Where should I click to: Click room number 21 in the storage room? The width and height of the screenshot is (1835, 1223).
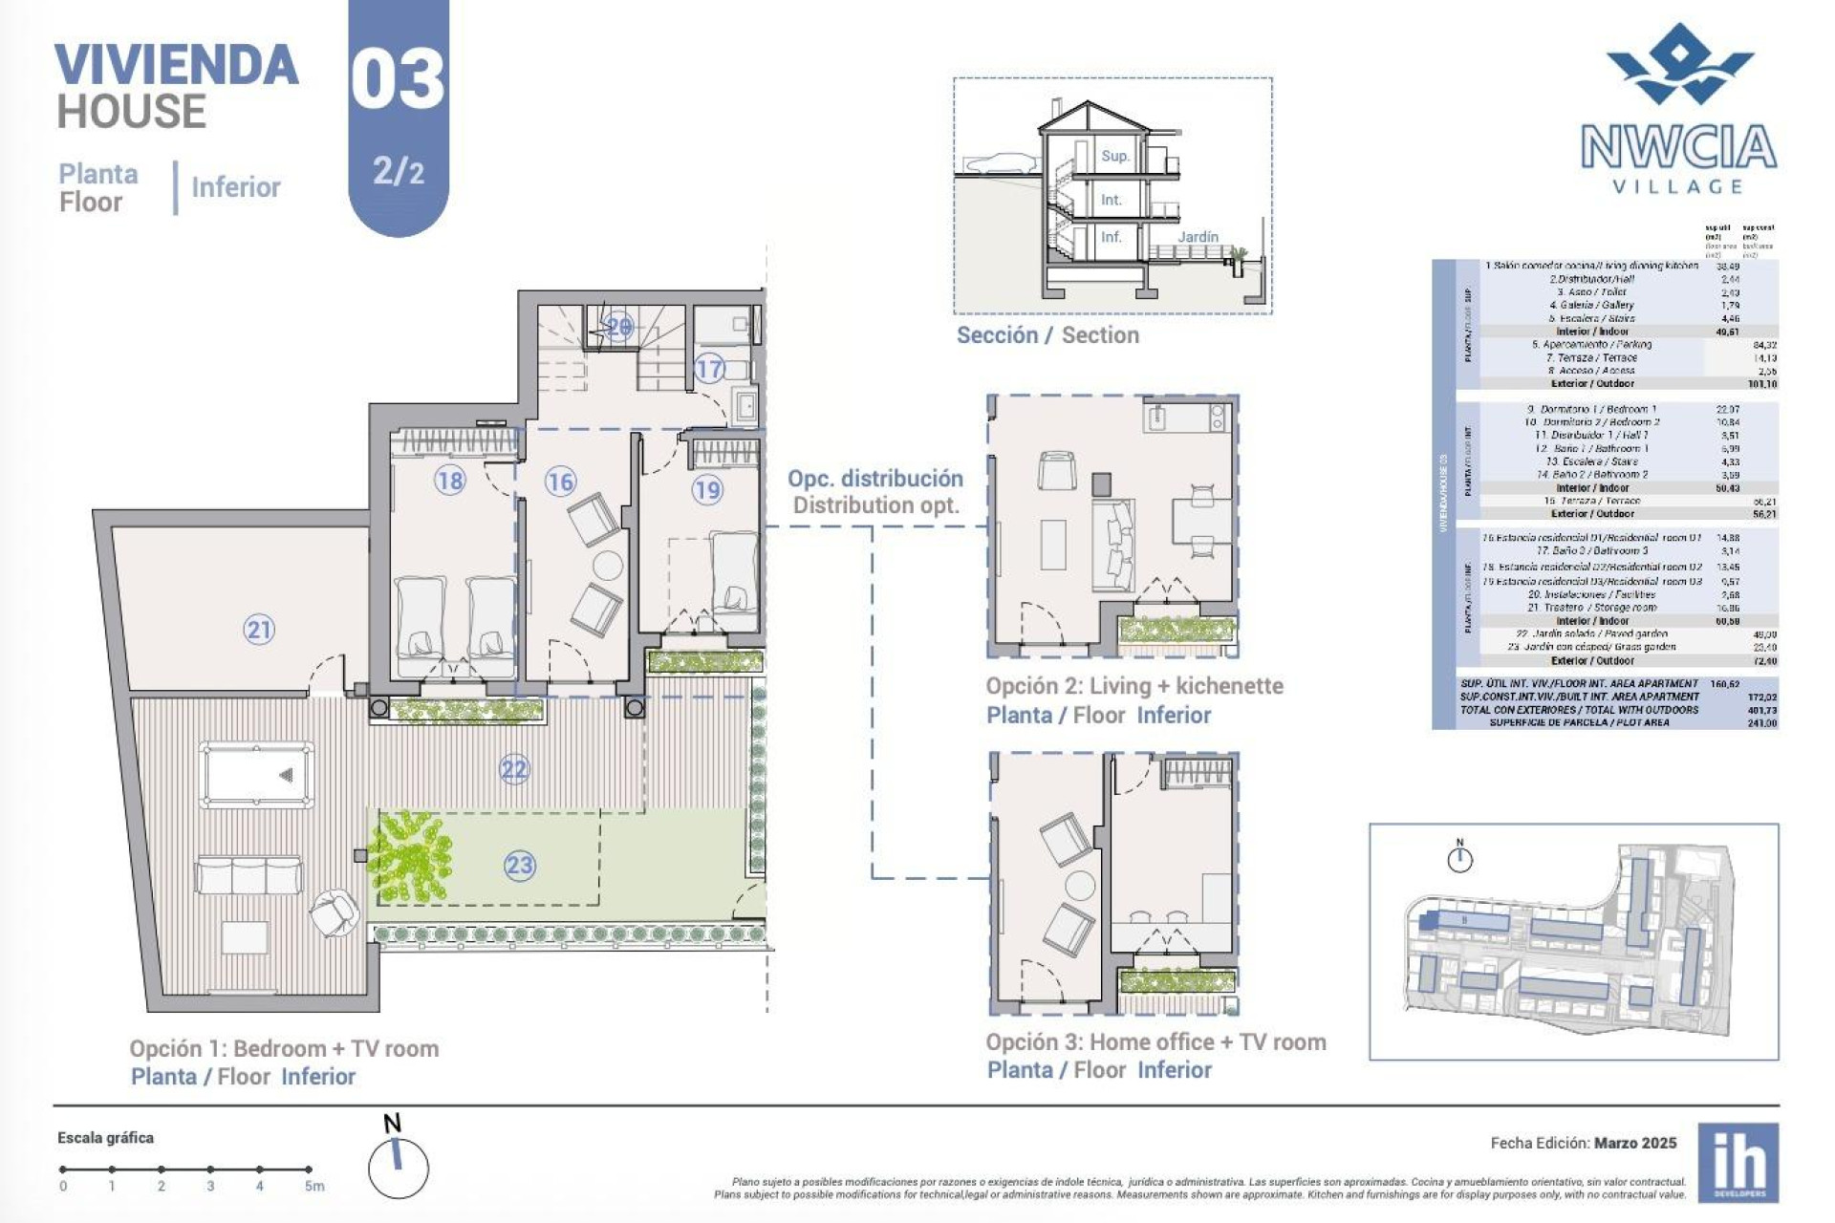tap(259, 630)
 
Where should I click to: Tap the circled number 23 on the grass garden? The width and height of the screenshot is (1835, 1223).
tap(519, 866)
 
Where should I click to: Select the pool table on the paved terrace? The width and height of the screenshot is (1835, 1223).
tap(257, 775)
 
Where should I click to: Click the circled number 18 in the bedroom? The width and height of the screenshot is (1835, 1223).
tap(449, 480)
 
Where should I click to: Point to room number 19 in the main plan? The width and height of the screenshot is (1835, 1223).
tap(707, 490)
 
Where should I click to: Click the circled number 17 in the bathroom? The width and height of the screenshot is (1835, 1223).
tap(709, 368)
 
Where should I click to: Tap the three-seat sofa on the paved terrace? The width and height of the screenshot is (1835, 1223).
tap(249, 875)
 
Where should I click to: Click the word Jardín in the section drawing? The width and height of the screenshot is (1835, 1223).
tap(1198, 237)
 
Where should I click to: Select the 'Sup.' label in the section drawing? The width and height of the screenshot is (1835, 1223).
tap(1114, 156)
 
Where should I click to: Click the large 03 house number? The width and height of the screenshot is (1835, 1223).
tap(398, 80)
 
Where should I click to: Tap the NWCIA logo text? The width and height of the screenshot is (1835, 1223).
tap(1678, 148)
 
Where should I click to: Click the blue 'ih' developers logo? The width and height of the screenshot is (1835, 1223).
tap(1738, 1163)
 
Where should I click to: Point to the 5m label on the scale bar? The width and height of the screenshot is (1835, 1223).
tap(314, 1187)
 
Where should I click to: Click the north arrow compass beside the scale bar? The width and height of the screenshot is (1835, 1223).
tap(398, 1166)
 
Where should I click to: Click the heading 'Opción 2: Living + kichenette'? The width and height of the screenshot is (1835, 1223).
tap(1134, 686)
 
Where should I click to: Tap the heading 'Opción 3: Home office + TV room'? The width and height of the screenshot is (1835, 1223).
tap(1155, 1042)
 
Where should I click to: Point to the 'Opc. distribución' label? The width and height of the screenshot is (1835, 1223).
tap(874, 479)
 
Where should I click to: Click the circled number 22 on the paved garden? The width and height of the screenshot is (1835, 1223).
tap(514, 769)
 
